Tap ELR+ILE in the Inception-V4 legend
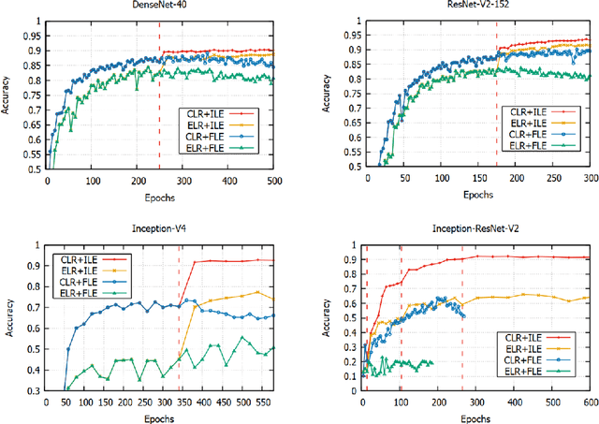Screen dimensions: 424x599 pyautogui.click(x=78, y=269)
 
